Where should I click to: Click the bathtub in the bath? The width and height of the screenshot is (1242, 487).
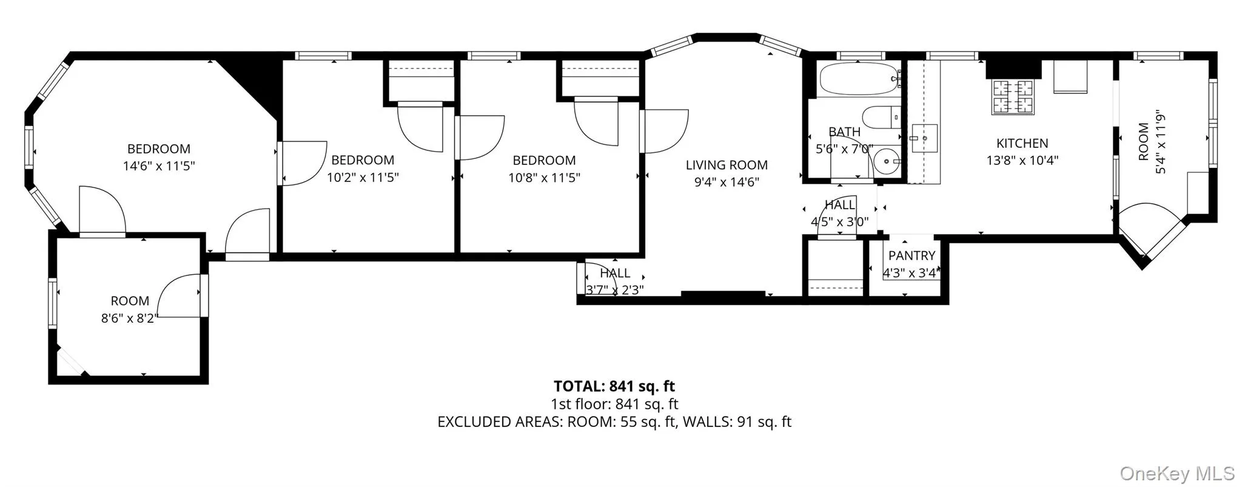tap(858, 79)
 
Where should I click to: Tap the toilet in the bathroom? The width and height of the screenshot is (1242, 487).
tap(879, 117)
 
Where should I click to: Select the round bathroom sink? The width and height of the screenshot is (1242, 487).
tap(887, 161)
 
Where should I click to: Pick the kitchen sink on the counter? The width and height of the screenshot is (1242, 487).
tap(924, 138)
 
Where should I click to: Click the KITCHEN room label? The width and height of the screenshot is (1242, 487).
tap(1022, 143)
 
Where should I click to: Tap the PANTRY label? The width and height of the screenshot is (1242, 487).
tap(911, 255)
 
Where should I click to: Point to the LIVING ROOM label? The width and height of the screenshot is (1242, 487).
tap(726, 165)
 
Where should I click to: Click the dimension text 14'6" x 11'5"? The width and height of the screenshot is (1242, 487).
tap(159, 166)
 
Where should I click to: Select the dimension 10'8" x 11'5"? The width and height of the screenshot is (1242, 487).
tap(544, 178)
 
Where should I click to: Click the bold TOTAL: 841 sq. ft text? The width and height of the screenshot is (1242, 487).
tap(614, 386)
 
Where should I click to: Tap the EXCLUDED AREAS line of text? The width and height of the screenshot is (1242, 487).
tap(614, 422)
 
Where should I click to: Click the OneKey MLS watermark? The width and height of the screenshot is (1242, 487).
tap(1177, 472)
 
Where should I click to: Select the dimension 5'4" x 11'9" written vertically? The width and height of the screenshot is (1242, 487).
tap(1161, 142)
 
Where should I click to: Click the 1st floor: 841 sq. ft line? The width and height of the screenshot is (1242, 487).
tap(614, 404)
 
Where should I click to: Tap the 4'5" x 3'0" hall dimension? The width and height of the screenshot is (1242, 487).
tap(839, 222)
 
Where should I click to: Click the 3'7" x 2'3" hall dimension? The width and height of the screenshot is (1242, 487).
tap(614, 290)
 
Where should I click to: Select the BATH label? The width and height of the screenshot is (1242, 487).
tap(844, 132)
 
